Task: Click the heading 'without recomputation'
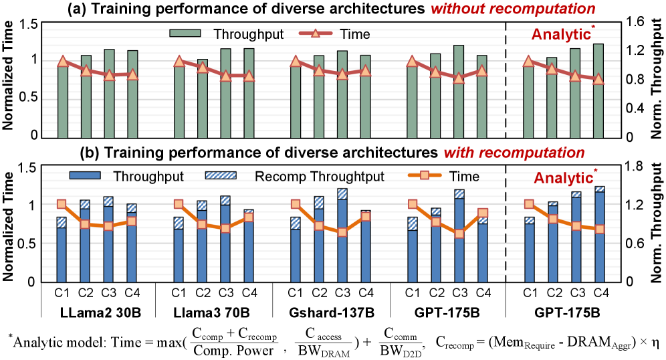click(512, 9)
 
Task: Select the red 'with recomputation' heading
click(514, 153)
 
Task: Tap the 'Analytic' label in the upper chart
click(561, 35)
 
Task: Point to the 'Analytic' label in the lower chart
click(563, 179)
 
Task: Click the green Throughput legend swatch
click(185, 33)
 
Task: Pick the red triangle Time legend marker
click(315, 33)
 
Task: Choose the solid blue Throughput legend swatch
click(85, 175)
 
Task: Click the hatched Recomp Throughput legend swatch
click(221, 175)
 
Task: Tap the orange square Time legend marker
click(425, 175)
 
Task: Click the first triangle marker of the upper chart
click(63, 61)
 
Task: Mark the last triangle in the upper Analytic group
click(598, 79)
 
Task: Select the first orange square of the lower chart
click(62, 204)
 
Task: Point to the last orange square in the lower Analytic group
click(600, 229)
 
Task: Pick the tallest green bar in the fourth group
click(459, 94)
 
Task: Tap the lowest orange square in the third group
click(342, 232)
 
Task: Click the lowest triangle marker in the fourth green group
click(459, 78)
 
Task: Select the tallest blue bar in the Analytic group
click(600, 238)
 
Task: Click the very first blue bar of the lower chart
click(62, 255)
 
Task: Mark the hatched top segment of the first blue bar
click(62, 222)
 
